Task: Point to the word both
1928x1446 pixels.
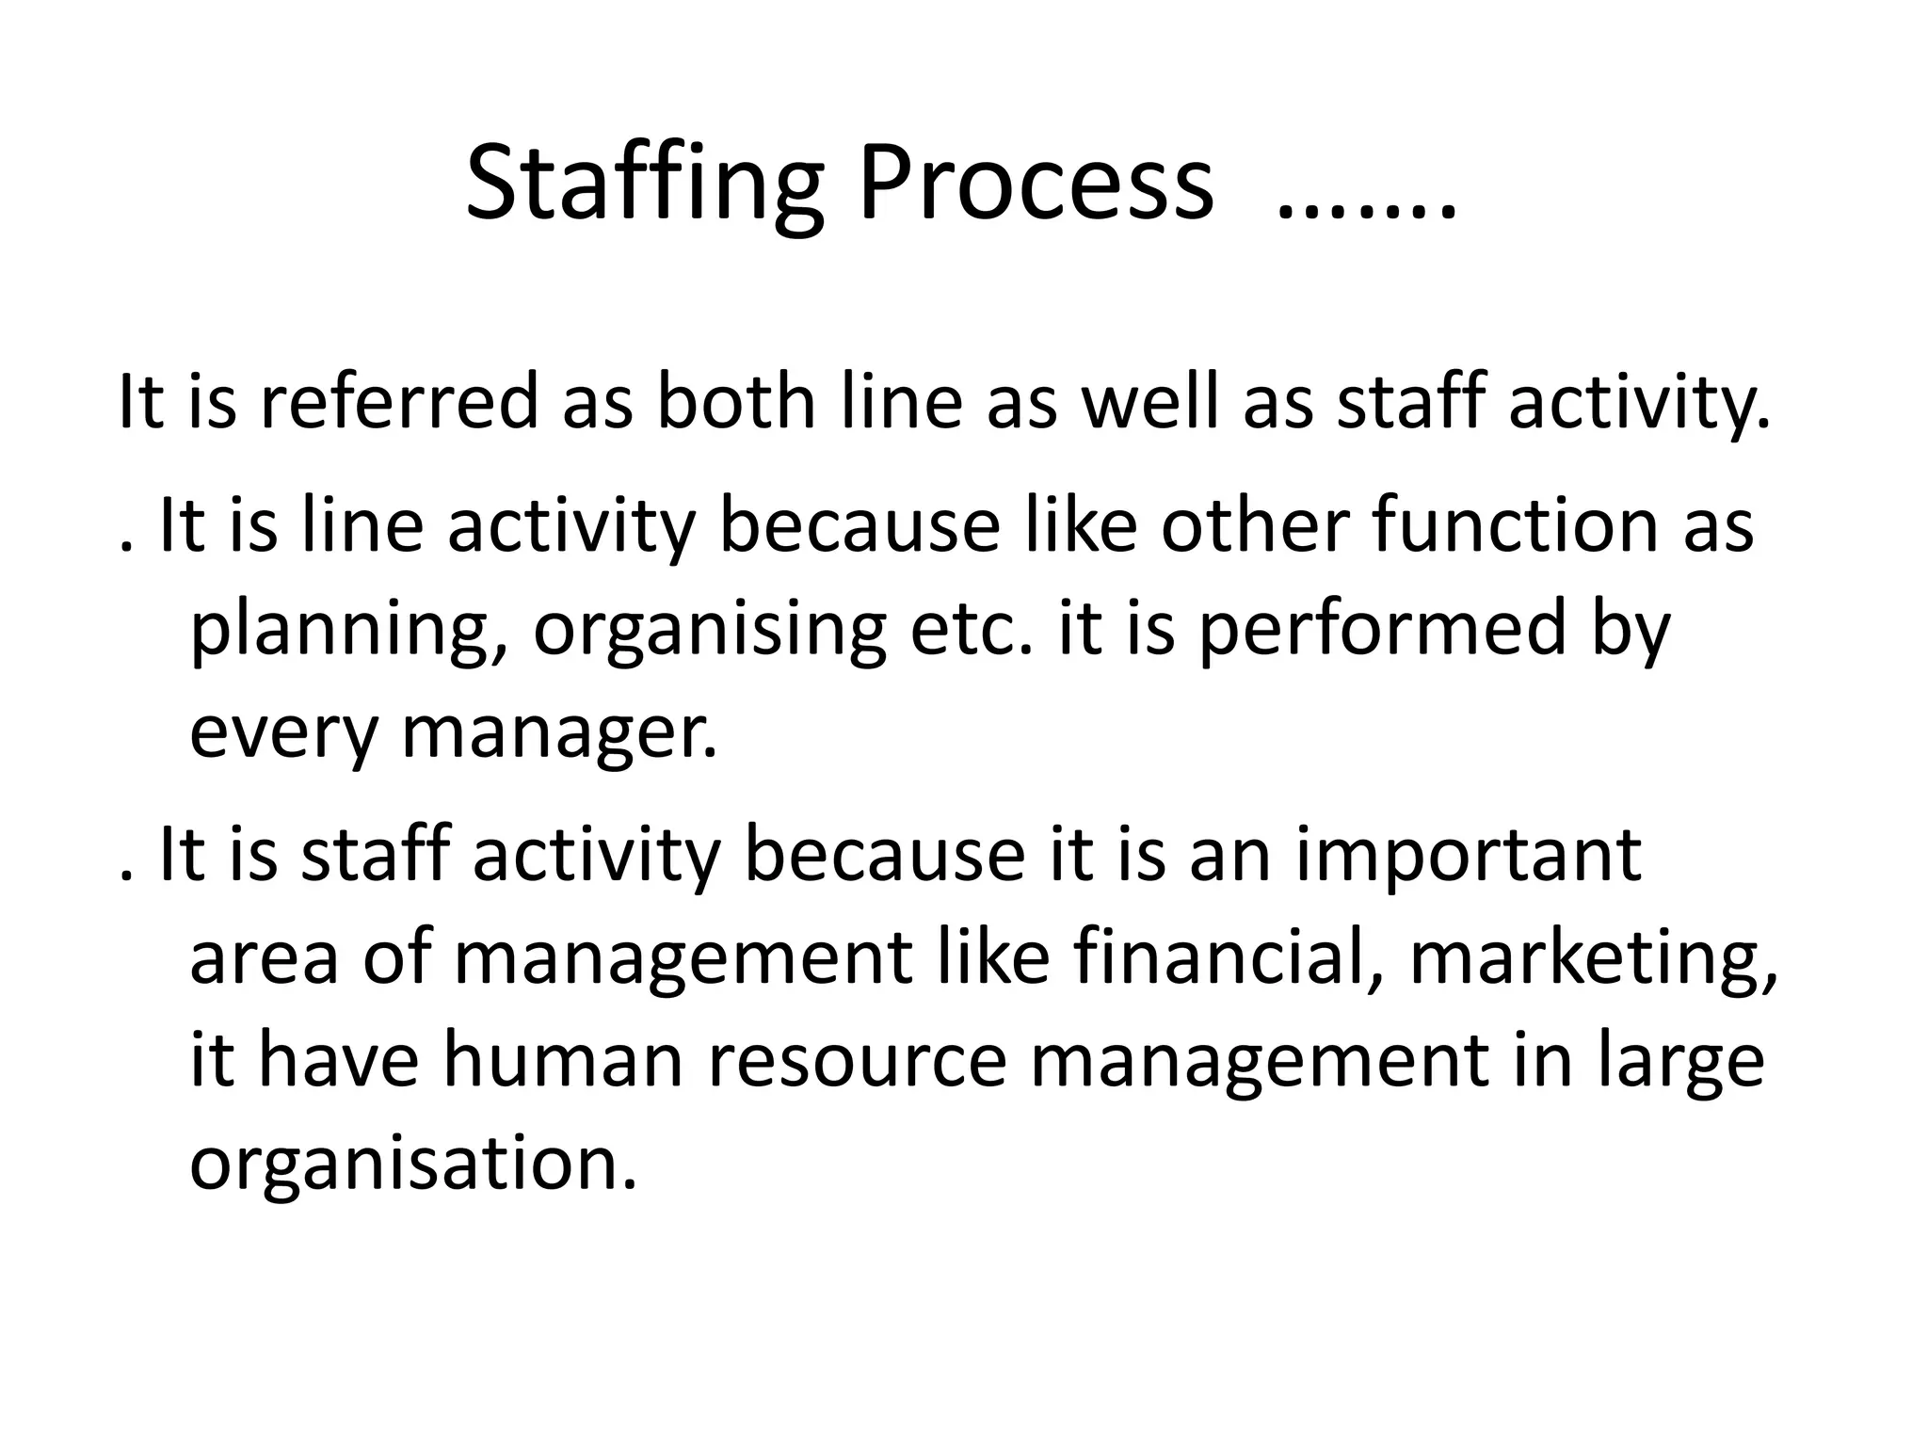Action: pos(735,401)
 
